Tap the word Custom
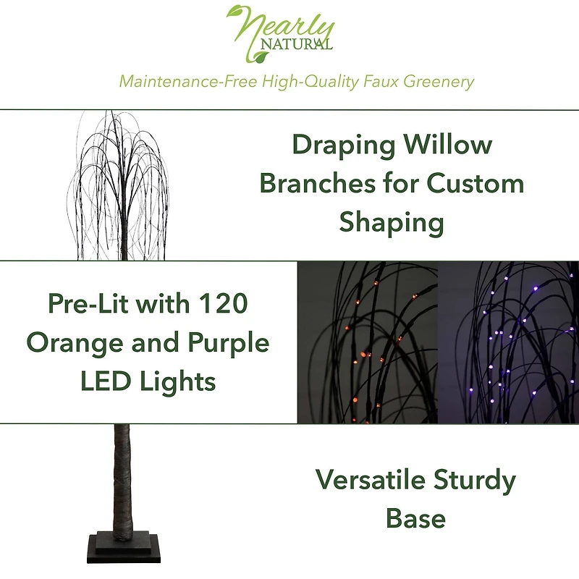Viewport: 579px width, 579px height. (476, 183)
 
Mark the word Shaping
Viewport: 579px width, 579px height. (392, 223)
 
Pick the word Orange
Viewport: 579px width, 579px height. (70, 342)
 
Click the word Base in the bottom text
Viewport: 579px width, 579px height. (415, 518)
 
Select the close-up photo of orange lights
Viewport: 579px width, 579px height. (368, 342)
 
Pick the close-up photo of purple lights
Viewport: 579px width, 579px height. (508, 342)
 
